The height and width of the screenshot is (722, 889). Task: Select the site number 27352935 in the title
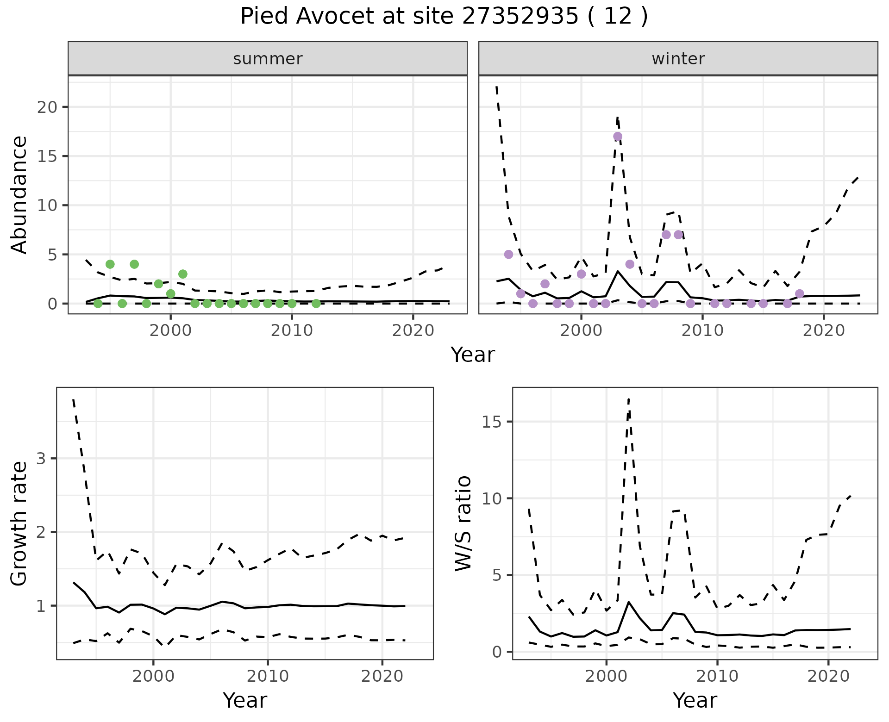click(x=520, y=17)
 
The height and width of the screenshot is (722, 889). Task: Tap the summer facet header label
click(x=268, y=59)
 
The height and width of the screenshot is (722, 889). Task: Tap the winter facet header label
click(x=678, y=59)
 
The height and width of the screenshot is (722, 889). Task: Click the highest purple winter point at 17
click(x=618, y=137)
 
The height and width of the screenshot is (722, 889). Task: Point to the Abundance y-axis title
click(x=19, y=195)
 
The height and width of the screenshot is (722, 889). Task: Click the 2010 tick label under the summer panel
click(x=292, y=331)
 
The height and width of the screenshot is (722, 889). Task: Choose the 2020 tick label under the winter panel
click(x=824, y=331)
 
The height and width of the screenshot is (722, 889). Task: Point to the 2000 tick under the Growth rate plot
click(x=153, y=676)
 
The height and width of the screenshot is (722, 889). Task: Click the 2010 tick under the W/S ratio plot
click(x=717, y=676)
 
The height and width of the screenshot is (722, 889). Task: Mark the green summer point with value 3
click(x=183, y=274)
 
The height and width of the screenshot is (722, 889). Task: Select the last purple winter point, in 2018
click(x=800, y=293)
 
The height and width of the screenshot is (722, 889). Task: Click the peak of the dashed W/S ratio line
click(x=628, y=399)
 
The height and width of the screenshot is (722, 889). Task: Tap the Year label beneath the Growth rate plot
click(x=245, y=701)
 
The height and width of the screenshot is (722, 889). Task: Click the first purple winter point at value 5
click(x=509, y=255)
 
